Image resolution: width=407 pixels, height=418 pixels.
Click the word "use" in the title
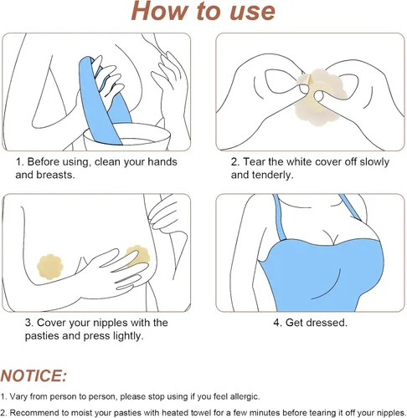[x=253, y=11]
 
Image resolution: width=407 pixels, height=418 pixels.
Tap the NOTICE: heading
[x=33, y=375]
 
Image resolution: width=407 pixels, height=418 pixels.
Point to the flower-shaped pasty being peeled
[x=321, y=98]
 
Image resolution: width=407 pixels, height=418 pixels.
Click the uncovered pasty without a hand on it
[x=50, y=267]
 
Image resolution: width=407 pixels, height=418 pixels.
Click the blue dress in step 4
[x=321, y=274]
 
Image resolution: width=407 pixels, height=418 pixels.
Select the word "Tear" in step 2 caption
[x=255, y=161]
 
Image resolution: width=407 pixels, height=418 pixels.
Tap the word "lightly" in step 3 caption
[x=128, y=336]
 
